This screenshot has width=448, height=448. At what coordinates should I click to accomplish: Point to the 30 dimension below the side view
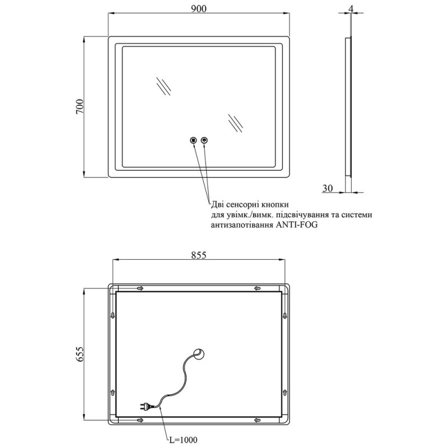pyautogui.click(x=329, y=189)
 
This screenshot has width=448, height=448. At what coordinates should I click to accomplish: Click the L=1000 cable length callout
pyautogui.click(x=183, y=440)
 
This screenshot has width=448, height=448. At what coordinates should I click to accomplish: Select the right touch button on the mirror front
pyautogui.click(x=204, y=140)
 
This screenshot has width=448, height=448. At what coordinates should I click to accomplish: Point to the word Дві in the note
pyautogui.click(x=218, y=205)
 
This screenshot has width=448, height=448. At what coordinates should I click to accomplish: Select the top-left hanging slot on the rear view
pyautogui.click(x=139, y=288)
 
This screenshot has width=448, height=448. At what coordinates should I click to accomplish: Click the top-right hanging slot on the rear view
pyautogui.click(x=257, y=288)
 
